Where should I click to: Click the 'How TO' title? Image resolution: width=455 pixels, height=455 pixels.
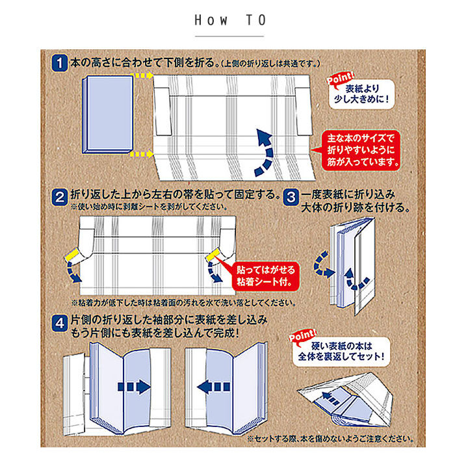pyautogui.click(x=230, y=20)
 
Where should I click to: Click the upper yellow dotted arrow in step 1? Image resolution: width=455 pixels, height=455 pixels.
pyautogui.click(x=142, y=75)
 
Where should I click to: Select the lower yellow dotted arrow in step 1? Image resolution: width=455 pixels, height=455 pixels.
pyautogui.click(x=142, y=155)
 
